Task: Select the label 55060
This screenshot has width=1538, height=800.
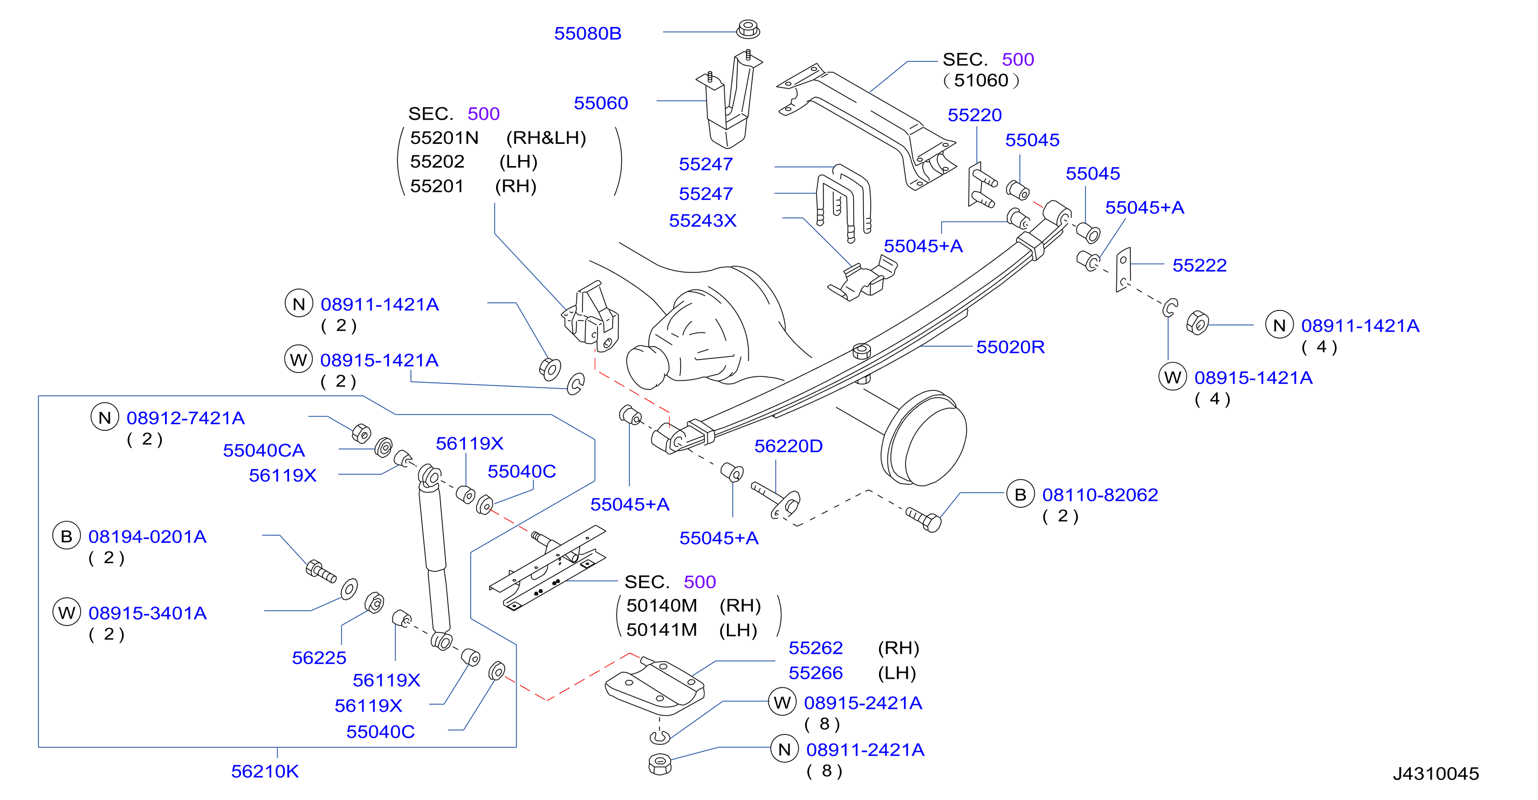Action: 601,104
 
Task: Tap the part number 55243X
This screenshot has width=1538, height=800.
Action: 703,221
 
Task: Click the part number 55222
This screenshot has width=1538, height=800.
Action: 1199,265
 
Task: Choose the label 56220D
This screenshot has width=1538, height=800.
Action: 788,446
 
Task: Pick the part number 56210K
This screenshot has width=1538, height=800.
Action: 264,771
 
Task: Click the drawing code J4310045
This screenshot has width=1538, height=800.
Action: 1436,774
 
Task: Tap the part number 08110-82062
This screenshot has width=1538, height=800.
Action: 1100,495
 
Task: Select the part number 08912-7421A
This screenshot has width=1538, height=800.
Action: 186,418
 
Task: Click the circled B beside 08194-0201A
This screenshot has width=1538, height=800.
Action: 66,536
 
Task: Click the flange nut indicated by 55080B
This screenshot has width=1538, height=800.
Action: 748,29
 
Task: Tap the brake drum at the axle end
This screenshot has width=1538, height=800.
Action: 924,438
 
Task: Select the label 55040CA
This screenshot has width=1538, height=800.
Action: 264,450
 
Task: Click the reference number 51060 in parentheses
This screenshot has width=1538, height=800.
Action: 981,81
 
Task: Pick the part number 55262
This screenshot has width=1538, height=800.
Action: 815,648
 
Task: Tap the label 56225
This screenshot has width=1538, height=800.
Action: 319,658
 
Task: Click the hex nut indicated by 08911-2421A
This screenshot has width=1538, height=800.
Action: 660,764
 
